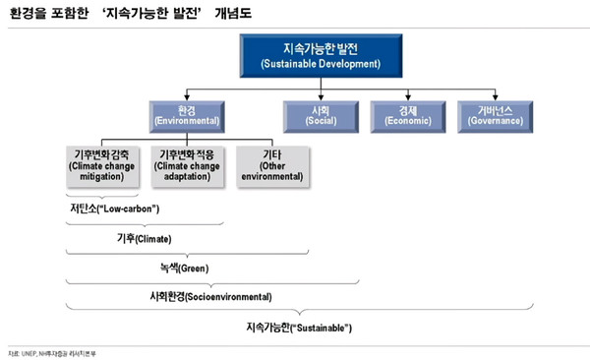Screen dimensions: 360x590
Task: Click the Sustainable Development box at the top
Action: tap(307, 55)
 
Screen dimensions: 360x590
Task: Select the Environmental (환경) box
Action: tap(187, 115)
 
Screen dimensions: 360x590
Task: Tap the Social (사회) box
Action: tap(317, 115)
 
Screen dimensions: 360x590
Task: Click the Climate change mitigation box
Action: tap(107, 166)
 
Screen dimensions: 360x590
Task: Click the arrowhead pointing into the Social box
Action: tap(317, 98)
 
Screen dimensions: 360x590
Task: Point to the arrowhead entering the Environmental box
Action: tap(187, 98)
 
